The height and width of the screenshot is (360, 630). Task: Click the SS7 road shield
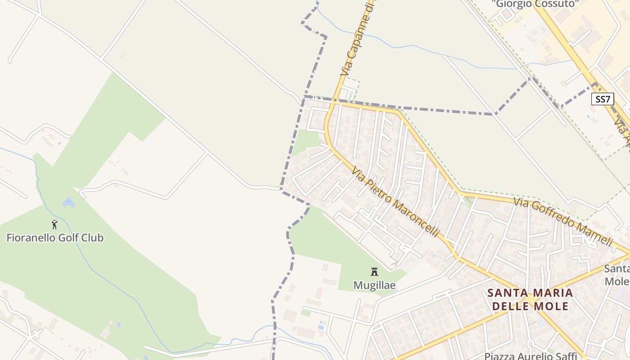pyautogui.click(x=602, y=99)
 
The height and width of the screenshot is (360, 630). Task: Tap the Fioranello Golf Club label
pyautogui.click(x=55, y=238)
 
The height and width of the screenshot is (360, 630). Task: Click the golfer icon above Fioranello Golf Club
pyautogui.click(x=54, y=224)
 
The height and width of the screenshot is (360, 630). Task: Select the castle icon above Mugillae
pyautogui.click(x=374, y=271)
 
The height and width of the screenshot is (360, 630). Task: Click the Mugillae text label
pyautogui.click(x=374, y=285)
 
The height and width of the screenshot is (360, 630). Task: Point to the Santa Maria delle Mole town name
pyautogui.click(x=530, y=299)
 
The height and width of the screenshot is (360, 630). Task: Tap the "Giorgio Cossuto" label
pyautogui.click(x=535, y=4)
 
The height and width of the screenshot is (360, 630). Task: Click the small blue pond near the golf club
pyautogui.click(x=68, y=203)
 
